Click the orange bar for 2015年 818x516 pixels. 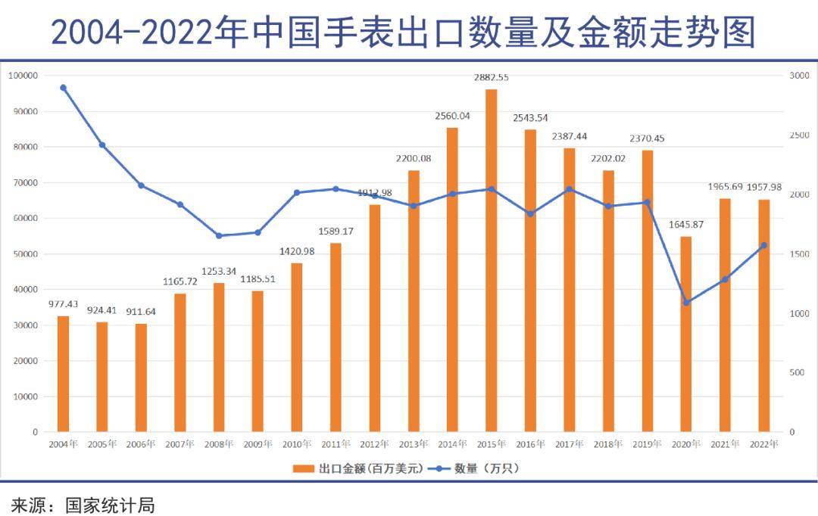point(491,260)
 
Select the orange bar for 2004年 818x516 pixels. point(63,374)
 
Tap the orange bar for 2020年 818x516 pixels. point(686,334)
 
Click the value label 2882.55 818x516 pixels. point(491,77)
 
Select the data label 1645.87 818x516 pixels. point(686,225)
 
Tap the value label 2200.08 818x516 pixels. point(414,158)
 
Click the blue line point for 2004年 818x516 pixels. point(63,88)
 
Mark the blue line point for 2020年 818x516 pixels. point(686,303)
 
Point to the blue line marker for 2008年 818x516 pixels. point(219,235)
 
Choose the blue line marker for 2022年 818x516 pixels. point(763,245)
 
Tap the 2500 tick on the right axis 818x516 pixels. point(800,135)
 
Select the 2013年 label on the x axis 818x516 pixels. point(414,444)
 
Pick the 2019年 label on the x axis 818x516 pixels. point(647,444)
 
